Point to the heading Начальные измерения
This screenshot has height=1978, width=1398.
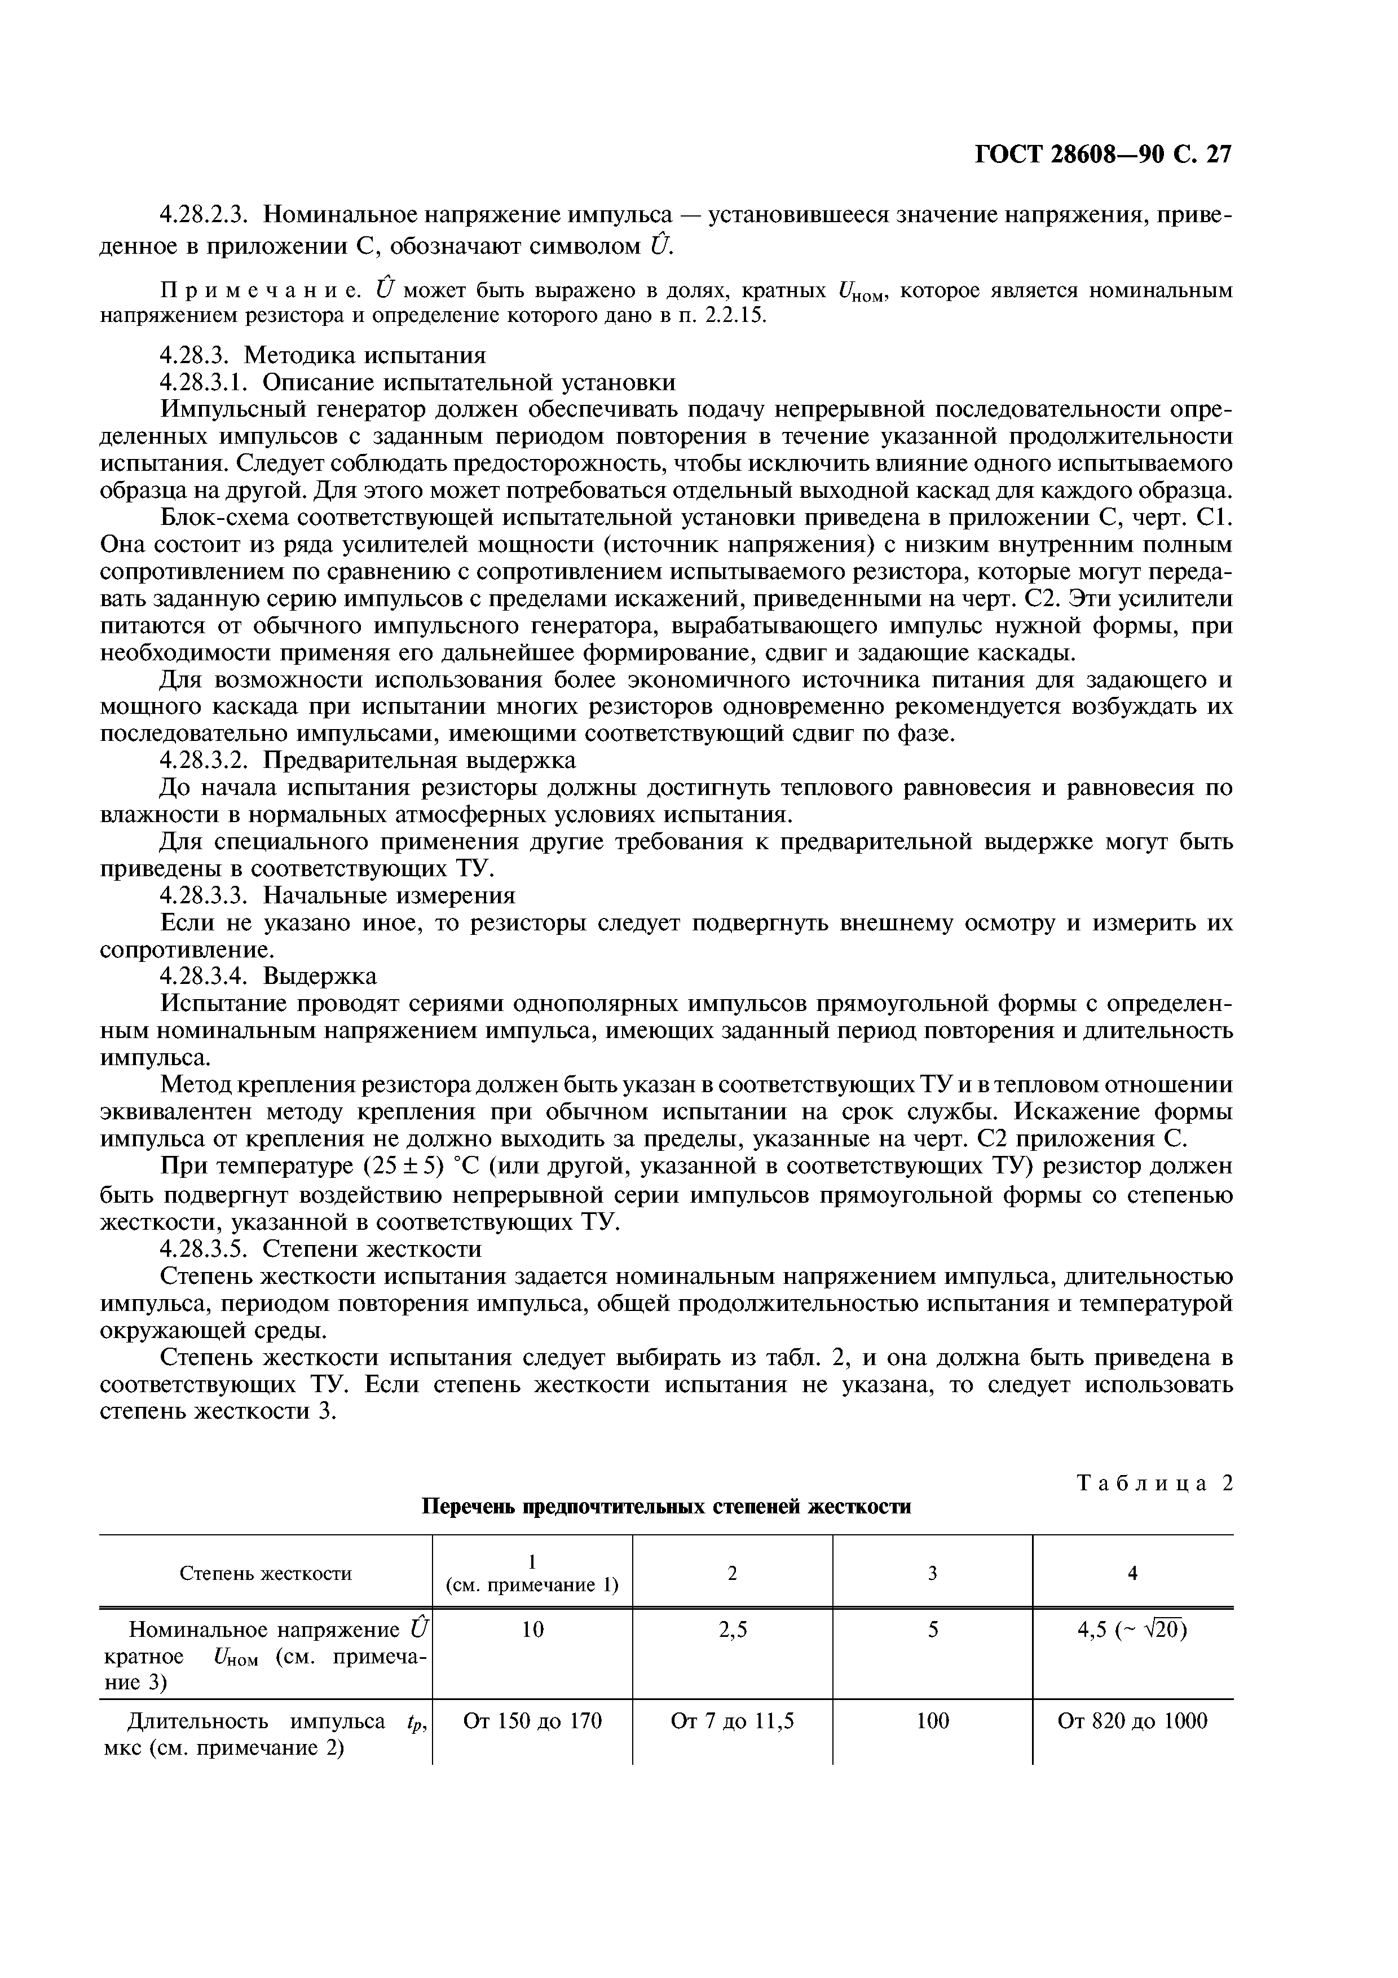coord(389,896)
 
